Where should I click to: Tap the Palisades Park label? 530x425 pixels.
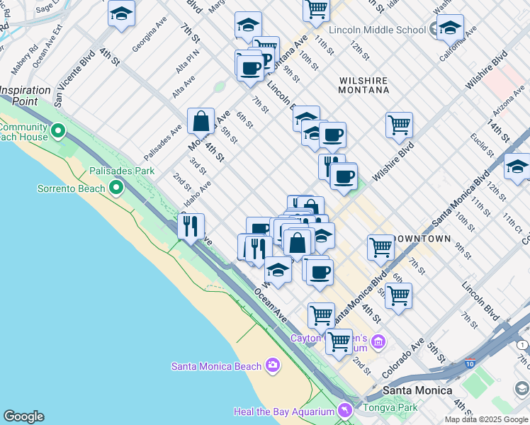coord(122,171)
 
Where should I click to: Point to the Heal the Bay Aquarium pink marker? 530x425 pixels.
coord(345,410)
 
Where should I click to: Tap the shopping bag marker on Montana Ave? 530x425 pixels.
coord(201,121)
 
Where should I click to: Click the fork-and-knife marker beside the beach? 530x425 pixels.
coord(191,227)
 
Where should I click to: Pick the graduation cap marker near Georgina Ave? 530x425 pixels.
coord(122,13)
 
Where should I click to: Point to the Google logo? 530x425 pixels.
coord(24,416)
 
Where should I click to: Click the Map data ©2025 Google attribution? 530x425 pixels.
coord(486,419)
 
